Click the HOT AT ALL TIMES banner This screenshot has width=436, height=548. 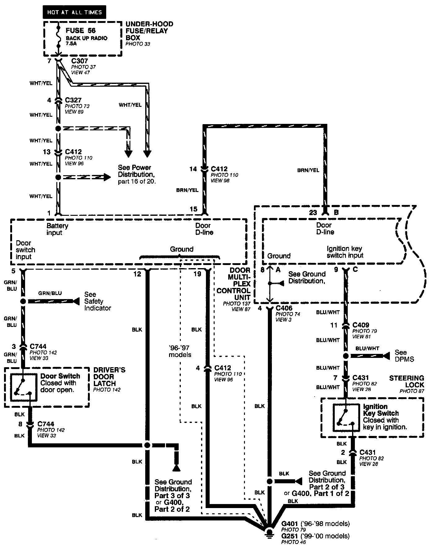click(74, 12)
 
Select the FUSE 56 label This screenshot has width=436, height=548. click(81, 30)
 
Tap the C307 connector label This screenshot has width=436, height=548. click(80, 61)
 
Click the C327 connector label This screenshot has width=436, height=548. click(73, 100)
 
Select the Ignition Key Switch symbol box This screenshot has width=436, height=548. click(346, 418)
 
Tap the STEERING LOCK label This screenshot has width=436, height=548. click(407, 381)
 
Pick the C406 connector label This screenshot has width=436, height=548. click(284, 308)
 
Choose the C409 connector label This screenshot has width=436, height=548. click(361, 325)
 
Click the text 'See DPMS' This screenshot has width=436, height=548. click(404, 356)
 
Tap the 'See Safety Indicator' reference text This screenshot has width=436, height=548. click(98, 301)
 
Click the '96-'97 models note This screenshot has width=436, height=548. click(180, 351)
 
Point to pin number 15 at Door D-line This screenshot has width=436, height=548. click(194, 209)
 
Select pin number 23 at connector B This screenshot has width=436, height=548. click(313, 212)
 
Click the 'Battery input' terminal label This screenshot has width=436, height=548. click(57, 229)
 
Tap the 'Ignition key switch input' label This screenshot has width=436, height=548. click(345, 252)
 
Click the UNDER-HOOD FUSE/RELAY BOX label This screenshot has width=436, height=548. click(149, 31)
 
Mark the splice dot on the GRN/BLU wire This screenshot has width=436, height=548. click(23, 301)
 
